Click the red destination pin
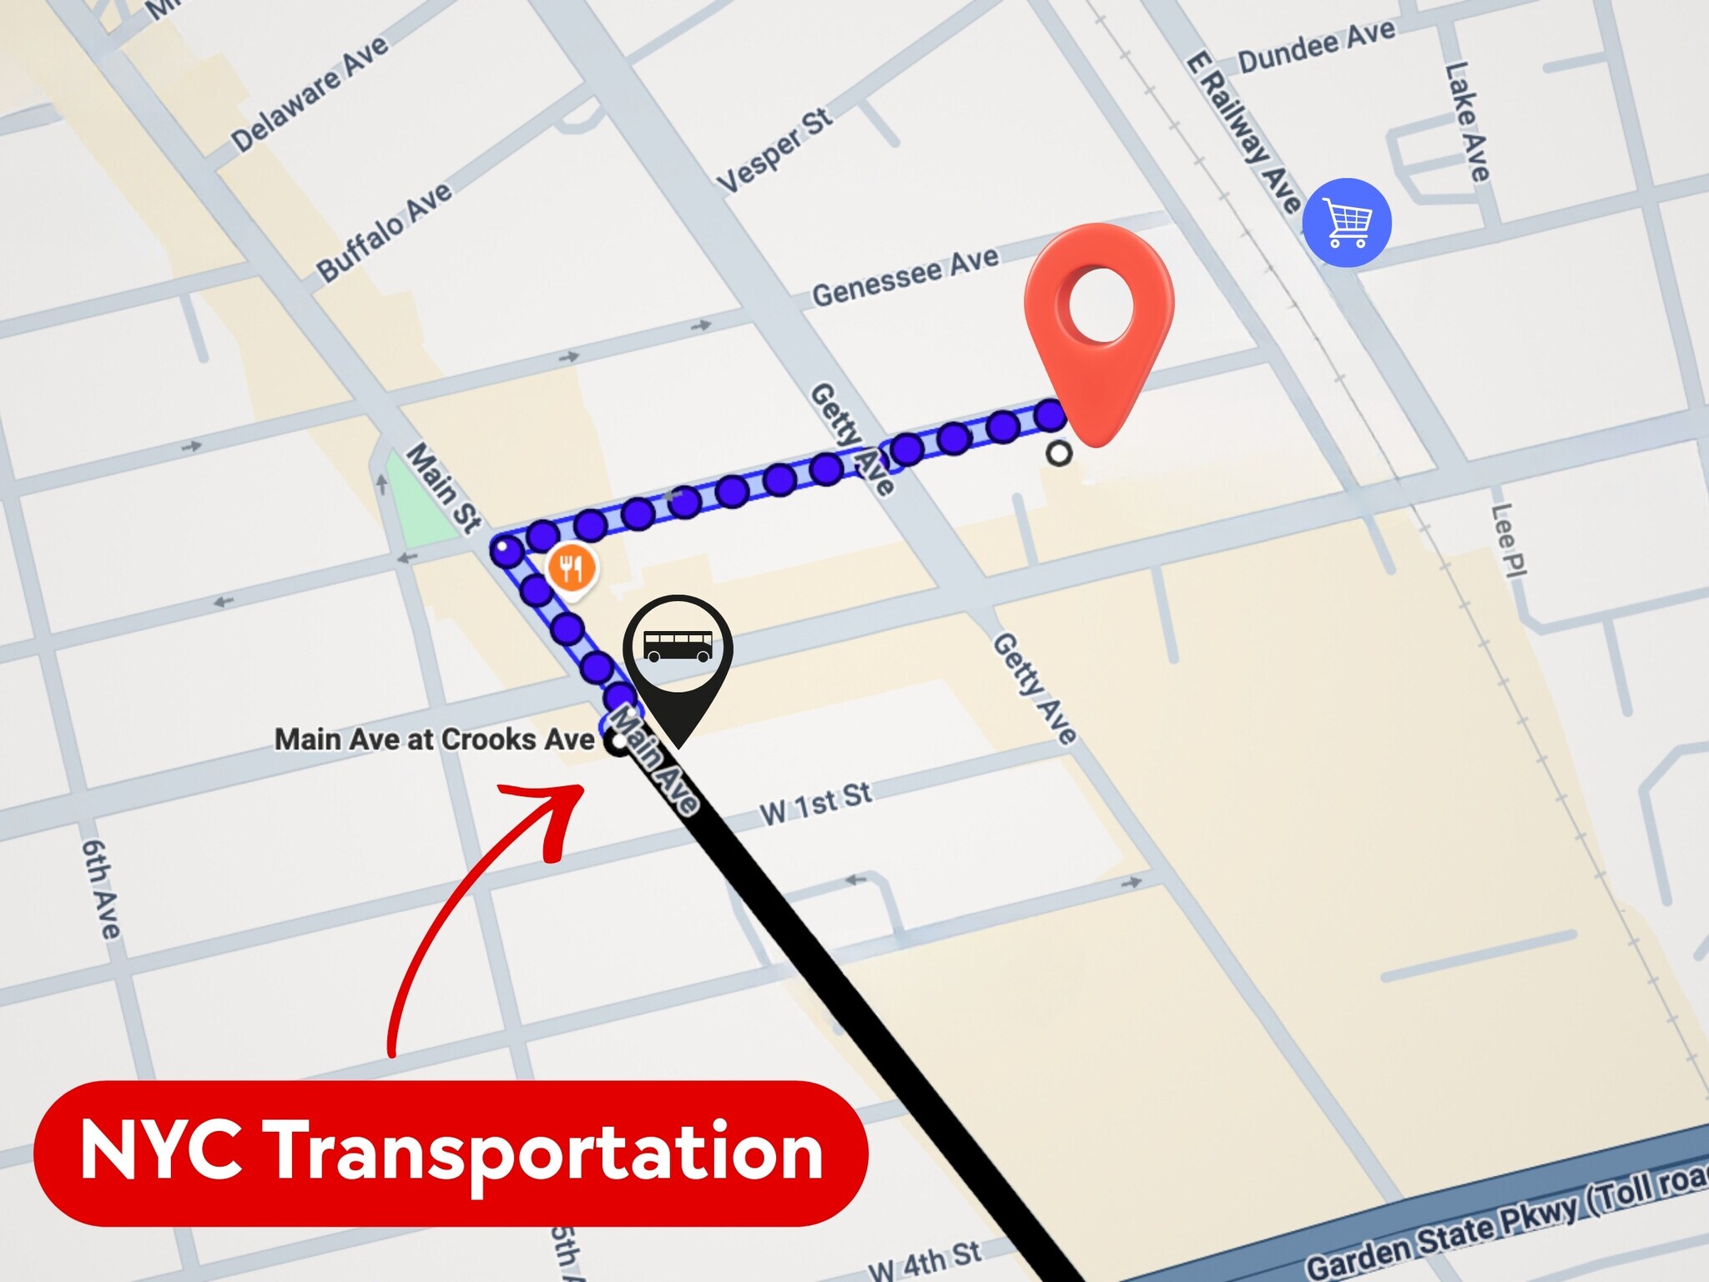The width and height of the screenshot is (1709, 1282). [x=1099, y=317]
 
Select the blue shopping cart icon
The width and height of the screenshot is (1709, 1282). [x=1347, y=223]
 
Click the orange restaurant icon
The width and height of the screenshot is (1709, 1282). [x=572, y=568]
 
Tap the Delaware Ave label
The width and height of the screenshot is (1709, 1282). [x=310, y=93]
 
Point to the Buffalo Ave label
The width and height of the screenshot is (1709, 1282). [x=384, y=231]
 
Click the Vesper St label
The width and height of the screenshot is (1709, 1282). [x=774, y=150]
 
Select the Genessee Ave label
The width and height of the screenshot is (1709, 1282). [x=905, y=277]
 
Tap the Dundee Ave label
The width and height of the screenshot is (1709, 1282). [x=1316, y=48]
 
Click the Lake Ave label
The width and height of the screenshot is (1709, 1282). [x=1467, y=122]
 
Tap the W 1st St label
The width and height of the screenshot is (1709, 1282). [x=815, y=803]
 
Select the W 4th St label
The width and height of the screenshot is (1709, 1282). [x=924, y=1260]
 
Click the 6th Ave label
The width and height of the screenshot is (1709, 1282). [x=101, y=888]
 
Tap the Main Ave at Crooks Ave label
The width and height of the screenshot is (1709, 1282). [x=435, y=739]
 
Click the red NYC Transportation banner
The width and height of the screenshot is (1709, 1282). [x=451, y=1153]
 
